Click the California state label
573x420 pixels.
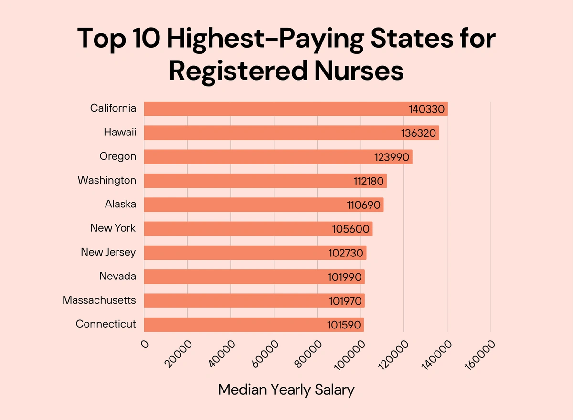coord(113,108)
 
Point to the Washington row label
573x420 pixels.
coord(107,180)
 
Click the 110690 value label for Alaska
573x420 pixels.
coord(363,205)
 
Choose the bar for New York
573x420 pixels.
coord(258,229)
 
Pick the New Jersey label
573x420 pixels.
coord(108,252)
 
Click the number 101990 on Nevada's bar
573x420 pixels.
coord(346,277)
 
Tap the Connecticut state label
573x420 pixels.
coord(106,324)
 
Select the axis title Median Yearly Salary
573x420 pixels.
coord(286,389)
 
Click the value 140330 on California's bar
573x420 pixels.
coord(427,109)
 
